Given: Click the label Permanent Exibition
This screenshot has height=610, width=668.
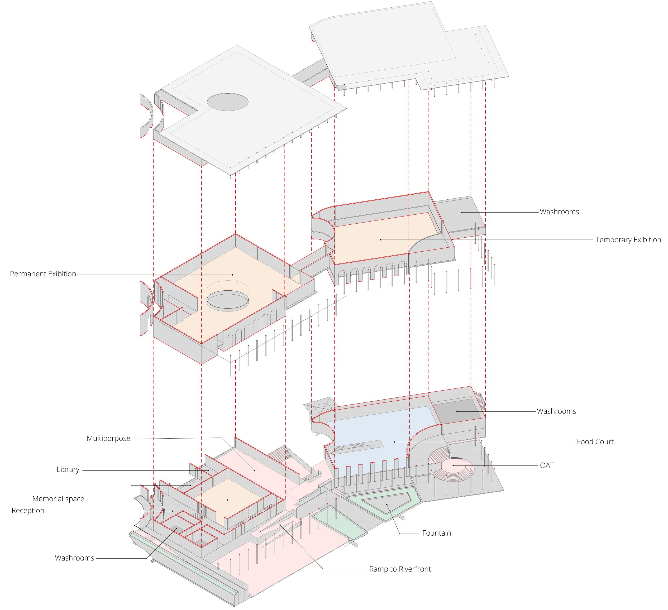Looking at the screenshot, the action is (43, 274).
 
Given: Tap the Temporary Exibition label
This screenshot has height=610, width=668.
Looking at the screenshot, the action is (628, 240).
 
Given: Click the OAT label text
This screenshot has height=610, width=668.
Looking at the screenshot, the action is (547, 465).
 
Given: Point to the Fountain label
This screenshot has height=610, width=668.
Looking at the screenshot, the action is (436, 533).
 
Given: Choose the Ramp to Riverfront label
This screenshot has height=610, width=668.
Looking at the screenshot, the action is (400, 569).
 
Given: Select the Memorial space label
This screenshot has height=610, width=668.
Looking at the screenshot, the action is (58, 499).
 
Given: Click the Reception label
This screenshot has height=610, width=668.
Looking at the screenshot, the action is (28, 510).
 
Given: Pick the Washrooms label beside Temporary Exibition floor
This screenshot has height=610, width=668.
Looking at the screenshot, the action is (559, 212).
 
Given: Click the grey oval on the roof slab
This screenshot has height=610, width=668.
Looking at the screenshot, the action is (228, 102).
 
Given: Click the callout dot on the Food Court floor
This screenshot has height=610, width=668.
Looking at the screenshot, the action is (394, 442).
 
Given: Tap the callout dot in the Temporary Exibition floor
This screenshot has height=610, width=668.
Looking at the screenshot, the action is (380, 239).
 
